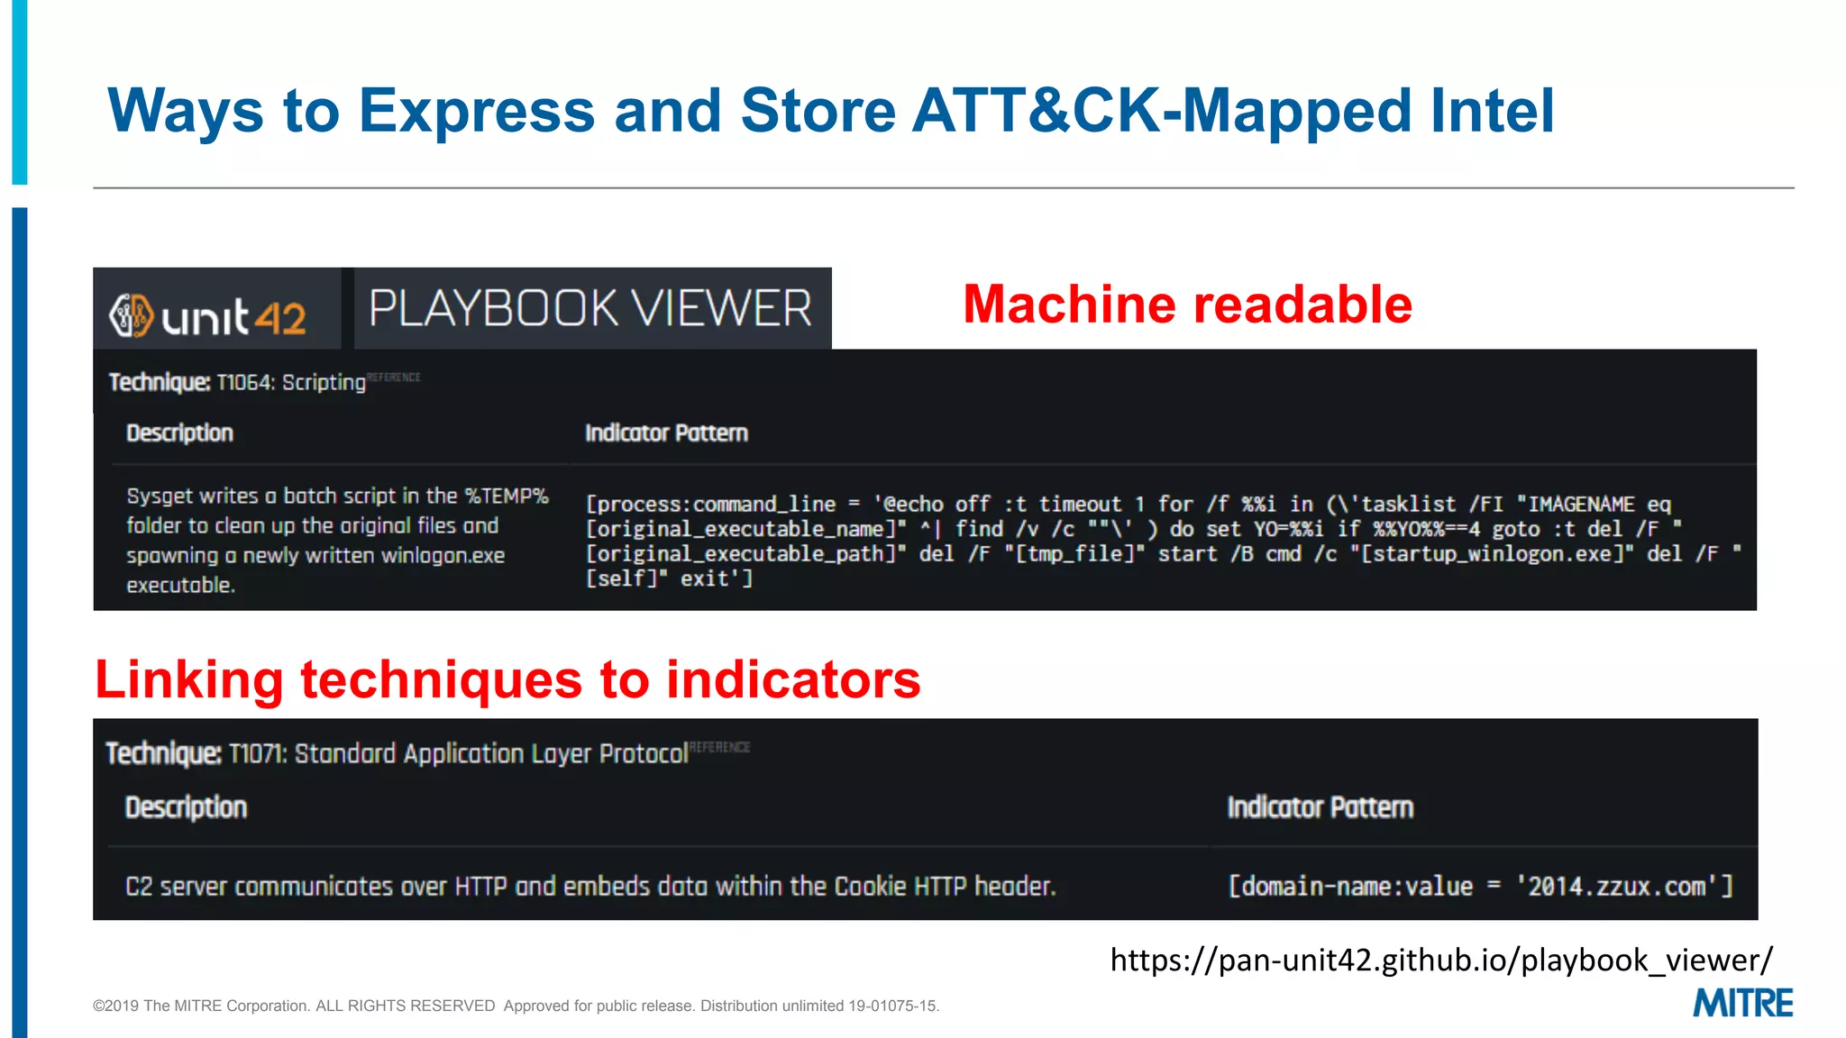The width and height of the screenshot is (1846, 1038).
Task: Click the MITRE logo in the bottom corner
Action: [1741, 1003]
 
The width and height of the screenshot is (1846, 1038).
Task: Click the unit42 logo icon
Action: [132, 315]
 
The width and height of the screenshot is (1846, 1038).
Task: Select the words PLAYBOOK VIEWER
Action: [591, 308]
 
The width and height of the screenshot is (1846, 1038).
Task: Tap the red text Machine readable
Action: [1187, 305]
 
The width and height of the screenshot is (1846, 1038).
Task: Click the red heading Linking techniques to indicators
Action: [507, 679]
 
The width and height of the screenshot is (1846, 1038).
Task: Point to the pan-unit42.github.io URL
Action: [1440, 960]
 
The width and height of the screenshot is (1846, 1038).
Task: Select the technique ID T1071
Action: [257, 753]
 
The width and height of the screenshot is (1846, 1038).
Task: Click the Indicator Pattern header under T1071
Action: [1320, 807]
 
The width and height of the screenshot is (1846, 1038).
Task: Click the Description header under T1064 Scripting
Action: [179, 433]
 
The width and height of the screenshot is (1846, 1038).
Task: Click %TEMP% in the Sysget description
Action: [506, 496]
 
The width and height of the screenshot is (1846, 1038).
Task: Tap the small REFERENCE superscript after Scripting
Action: [394, 378]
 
